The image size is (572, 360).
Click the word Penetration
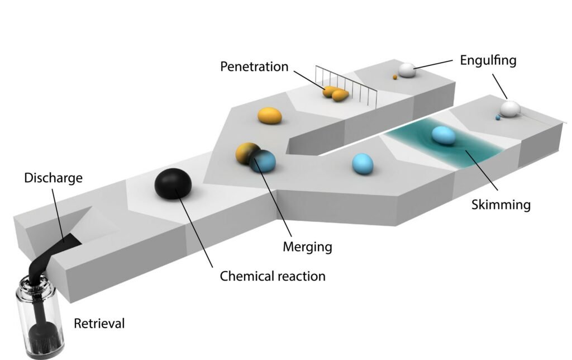(x=254, y=67)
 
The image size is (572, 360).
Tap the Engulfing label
(x=488, y=60)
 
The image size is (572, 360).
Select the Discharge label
(x=54, y=178)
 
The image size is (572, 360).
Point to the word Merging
(x=307, y=246)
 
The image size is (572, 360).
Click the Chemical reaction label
(x=273, y=276)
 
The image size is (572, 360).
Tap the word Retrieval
(x=99, y=323)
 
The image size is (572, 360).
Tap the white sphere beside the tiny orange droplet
(x=406, y=70)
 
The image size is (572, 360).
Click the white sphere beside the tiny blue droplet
(x=509, y=108)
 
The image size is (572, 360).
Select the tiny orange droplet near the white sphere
(x=395, y=77)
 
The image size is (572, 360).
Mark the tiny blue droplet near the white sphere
(x=497, y=117)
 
